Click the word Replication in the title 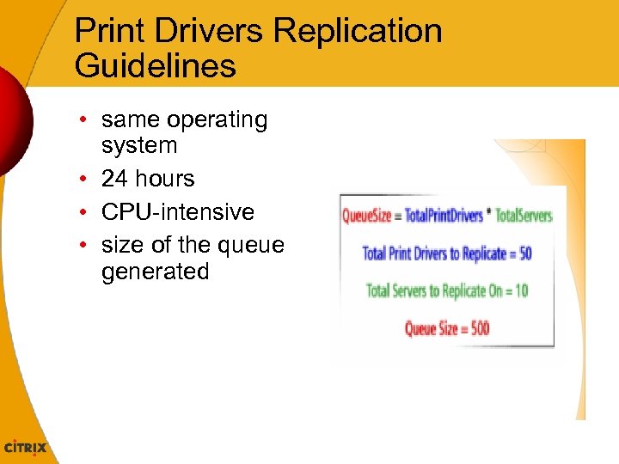coord(358,32)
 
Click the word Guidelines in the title coord(155,65)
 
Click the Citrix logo coord(26,448)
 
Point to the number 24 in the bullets coord(115,179)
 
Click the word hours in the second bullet coord(166,179)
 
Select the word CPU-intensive coord(178,211)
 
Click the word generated coord(155,272)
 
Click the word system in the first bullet coord(139,146)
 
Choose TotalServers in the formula coord(524,216)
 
